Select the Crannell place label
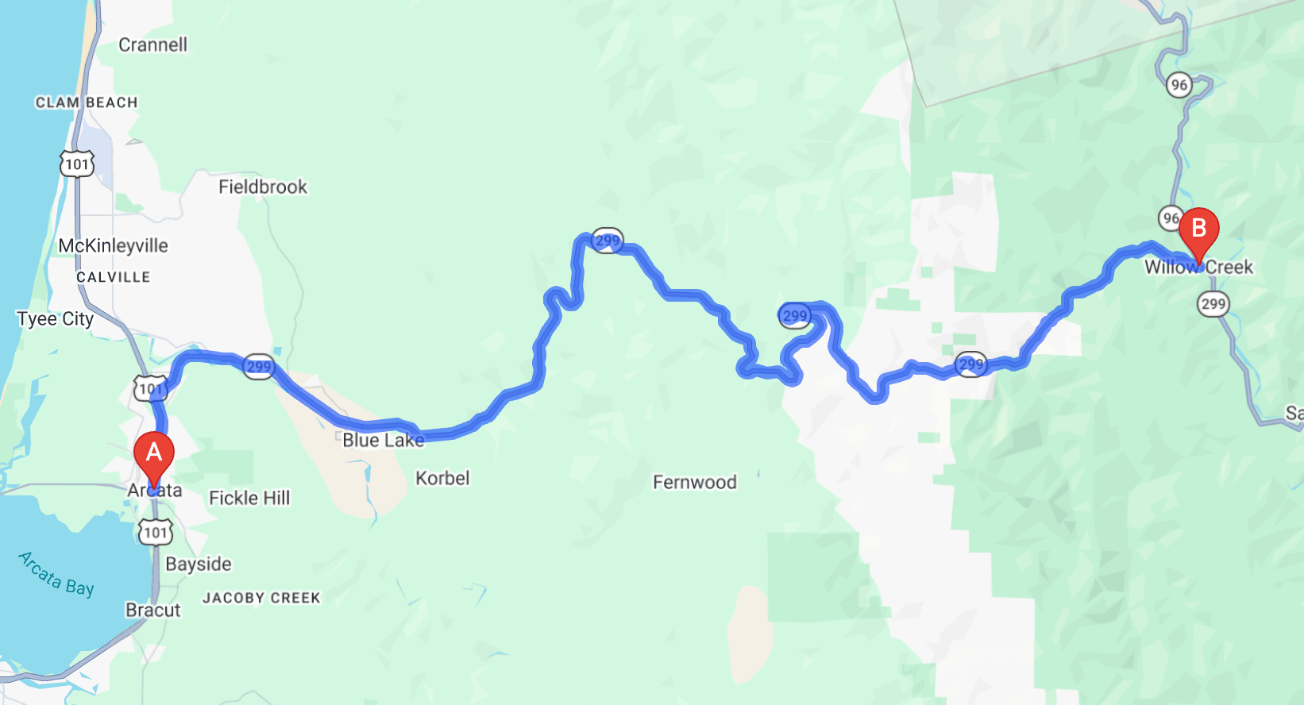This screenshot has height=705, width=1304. pos(152,44)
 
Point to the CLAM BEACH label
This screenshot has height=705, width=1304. pos(87,102)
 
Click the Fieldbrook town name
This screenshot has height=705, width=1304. pos(262,187)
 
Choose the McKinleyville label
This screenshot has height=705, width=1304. pos(113,245)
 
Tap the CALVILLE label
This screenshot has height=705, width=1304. pos(113,277)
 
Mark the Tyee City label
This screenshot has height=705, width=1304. pos(55,319)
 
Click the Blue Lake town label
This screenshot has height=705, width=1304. pos(383,440)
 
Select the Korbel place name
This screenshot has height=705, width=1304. pos(442,478)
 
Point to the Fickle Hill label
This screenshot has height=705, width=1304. pos(249,498)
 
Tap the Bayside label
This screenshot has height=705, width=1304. pos(199,564)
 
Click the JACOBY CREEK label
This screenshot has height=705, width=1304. pos(261,598)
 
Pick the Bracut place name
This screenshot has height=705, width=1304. pos(153,610)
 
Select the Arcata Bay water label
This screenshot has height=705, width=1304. pos(56,573)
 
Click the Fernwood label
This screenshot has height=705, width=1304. pos(694,482)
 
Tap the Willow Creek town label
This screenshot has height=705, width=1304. pos(1198,268)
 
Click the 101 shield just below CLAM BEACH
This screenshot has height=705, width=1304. pos(77,164)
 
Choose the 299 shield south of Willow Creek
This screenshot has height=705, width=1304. pos(1213,303)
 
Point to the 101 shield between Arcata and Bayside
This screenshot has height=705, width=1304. pos(155,532)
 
